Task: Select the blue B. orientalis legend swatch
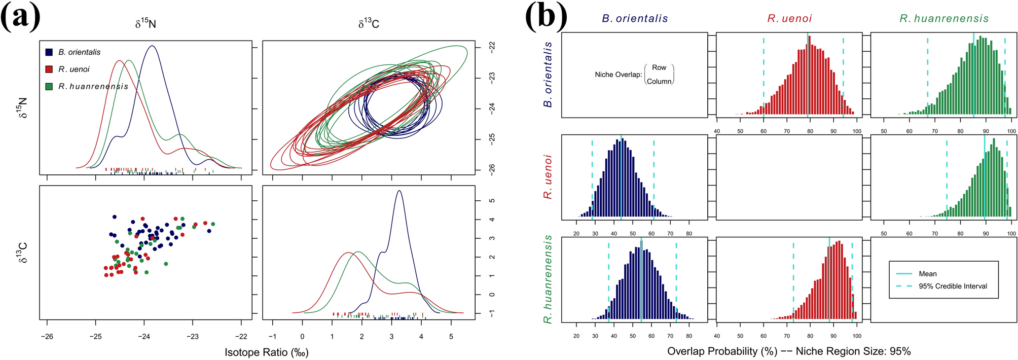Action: click(x=49, y=52)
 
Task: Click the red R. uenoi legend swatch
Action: click(x=49, y=69)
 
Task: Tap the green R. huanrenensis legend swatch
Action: click(x=49, y=87)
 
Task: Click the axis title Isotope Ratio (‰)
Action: click(x=267, y=352)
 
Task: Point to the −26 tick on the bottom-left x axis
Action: click(x=47, y=337)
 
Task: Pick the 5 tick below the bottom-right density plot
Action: click(x=451, y=337)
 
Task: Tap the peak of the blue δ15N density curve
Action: click(x=152, y=46)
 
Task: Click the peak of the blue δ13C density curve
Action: click(x=399, y=191)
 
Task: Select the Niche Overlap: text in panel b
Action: click(x=618, y=75)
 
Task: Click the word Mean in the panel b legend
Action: click(x=928, y=274)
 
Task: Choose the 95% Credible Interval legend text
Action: click(x=953, y=286)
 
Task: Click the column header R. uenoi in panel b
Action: click(x=789, y=19)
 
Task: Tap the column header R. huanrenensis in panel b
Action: click(x=944, y=19)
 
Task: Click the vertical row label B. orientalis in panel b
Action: click(x=548, y=75)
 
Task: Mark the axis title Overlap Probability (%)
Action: click(x=722, y=351)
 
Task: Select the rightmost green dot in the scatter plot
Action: click(x=213, y=224)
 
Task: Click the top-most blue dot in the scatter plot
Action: click(x=115, y=217)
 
